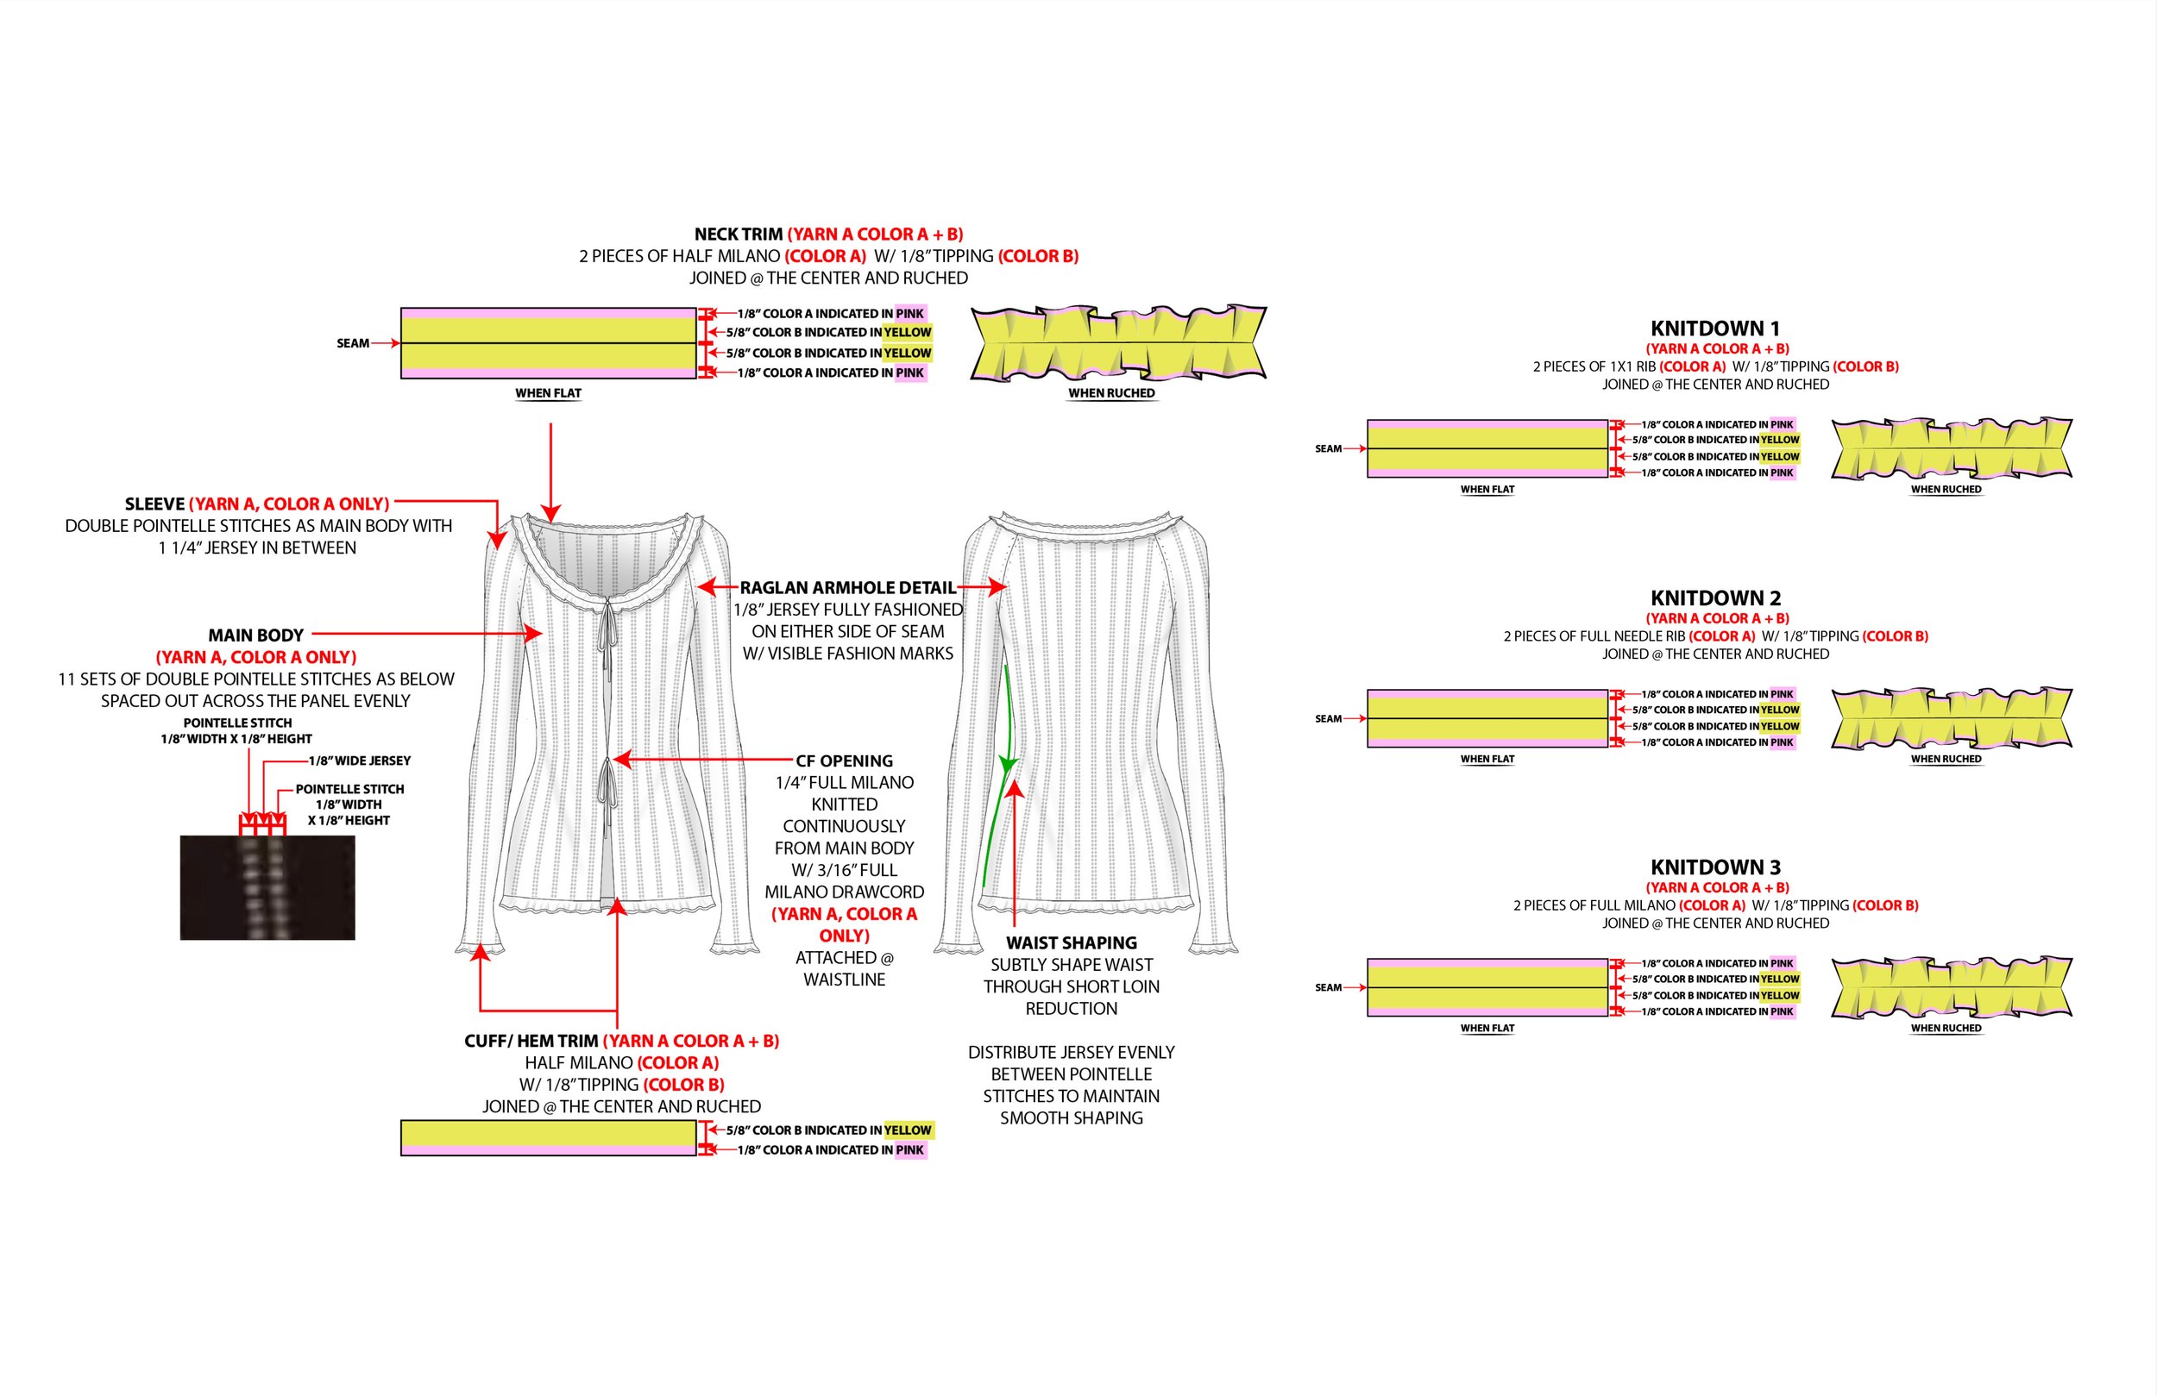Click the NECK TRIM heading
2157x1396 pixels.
(738, 235)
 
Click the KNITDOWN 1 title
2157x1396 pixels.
(1714, 328)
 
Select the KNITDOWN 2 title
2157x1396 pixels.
(1714, 598)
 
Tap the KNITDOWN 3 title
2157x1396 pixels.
(1714, 867)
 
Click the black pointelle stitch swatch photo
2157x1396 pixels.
(267, 887)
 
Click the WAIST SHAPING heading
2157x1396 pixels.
(1071, 943)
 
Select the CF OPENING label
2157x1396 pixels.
(844, 761)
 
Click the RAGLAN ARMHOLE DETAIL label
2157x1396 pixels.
(847, 588)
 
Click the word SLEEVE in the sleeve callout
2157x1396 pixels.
(154, 504)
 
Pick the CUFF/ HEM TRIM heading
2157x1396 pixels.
(531, 1041)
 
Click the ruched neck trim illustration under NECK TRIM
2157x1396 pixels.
(1118, 343)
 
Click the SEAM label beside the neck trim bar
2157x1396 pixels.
(353, 343)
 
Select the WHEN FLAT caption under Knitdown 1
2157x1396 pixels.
(1487, 489)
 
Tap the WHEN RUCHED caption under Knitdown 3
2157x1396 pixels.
(1946, 1028)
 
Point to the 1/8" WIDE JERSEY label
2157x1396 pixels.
(359, 761)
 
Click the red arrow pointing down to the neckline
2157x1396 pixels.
(551, 471)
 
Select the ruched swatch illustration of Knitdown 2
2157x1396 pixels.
(1952, 718)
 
